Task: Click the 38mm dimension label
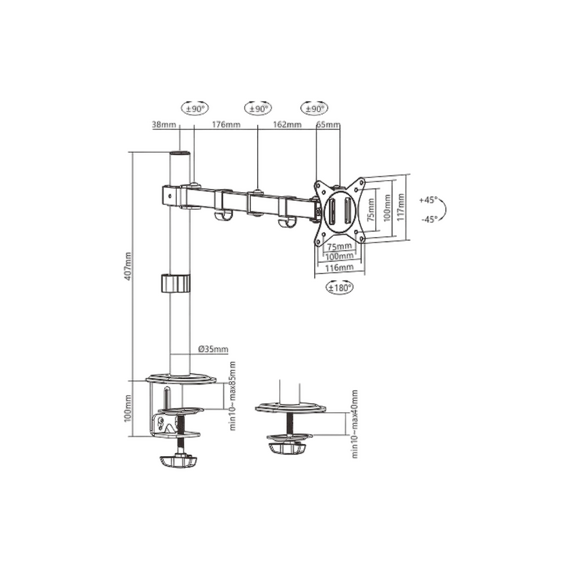pos(163,127)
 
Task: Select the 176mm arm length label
pos(226,127)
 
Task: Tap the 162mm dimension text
pos(287,127)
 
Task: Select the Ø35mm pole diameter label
pos(213,348)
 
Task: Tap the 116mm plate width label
pos(340,268)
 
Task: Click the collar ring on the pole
pos(177,282)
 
